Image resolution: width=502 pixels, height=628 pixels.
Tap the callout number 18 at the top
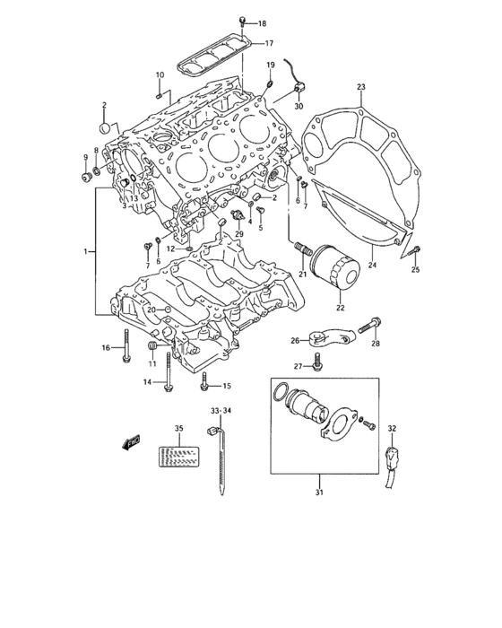click(x=262, y=23)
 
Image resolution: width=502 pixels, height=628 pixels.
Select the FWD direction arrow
click(x=131, y=442)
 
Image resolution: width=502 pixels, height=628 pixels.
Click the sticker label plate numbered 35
click(x=178, y=457)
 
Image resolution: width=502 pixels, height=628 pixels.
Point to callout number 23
click(x=361, y=87)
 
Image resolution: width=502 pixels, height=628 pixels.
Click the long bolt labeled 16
click(x=126, y=345)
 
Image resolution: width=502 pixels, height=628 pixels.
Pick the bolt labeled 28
click(x=369, y=325)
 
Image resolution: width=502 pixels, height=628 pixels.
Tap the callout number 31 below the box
click(x=318, y=493)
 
